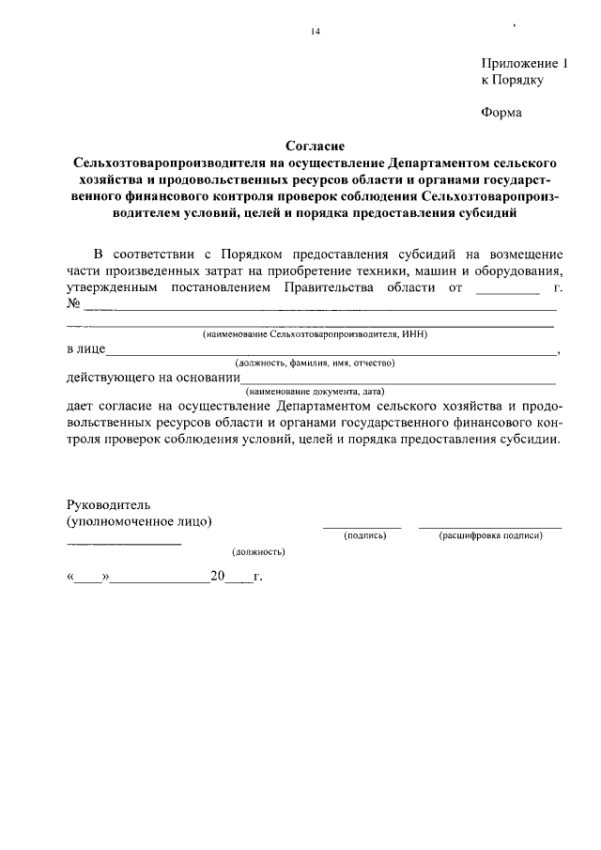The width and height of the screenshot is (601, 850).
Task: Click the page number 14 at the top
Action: click(316, 32)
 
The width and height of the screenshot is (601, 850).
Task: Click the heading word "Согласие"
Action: click(316, 146)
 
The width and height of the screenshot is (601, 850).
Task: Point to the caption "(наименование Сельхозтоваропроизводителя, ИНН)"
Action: click(316, 334)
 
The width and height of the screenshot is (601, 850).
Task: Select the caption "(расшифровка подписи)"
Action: click(491, 535)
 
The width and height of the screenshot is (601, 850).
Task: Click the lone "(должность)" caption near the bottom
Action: click(258, 552)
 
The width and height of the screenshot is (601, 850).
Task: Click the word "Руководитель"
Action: click(109, 504)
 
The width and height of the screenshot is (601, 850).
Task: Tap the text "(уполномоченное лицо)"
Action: click(139, 520)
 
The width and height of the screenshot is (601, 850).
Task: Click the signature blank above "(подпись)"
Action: click(362, 527)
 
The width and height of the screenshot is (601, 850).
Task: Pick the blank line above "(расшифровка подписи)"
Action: click(490, 527)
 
